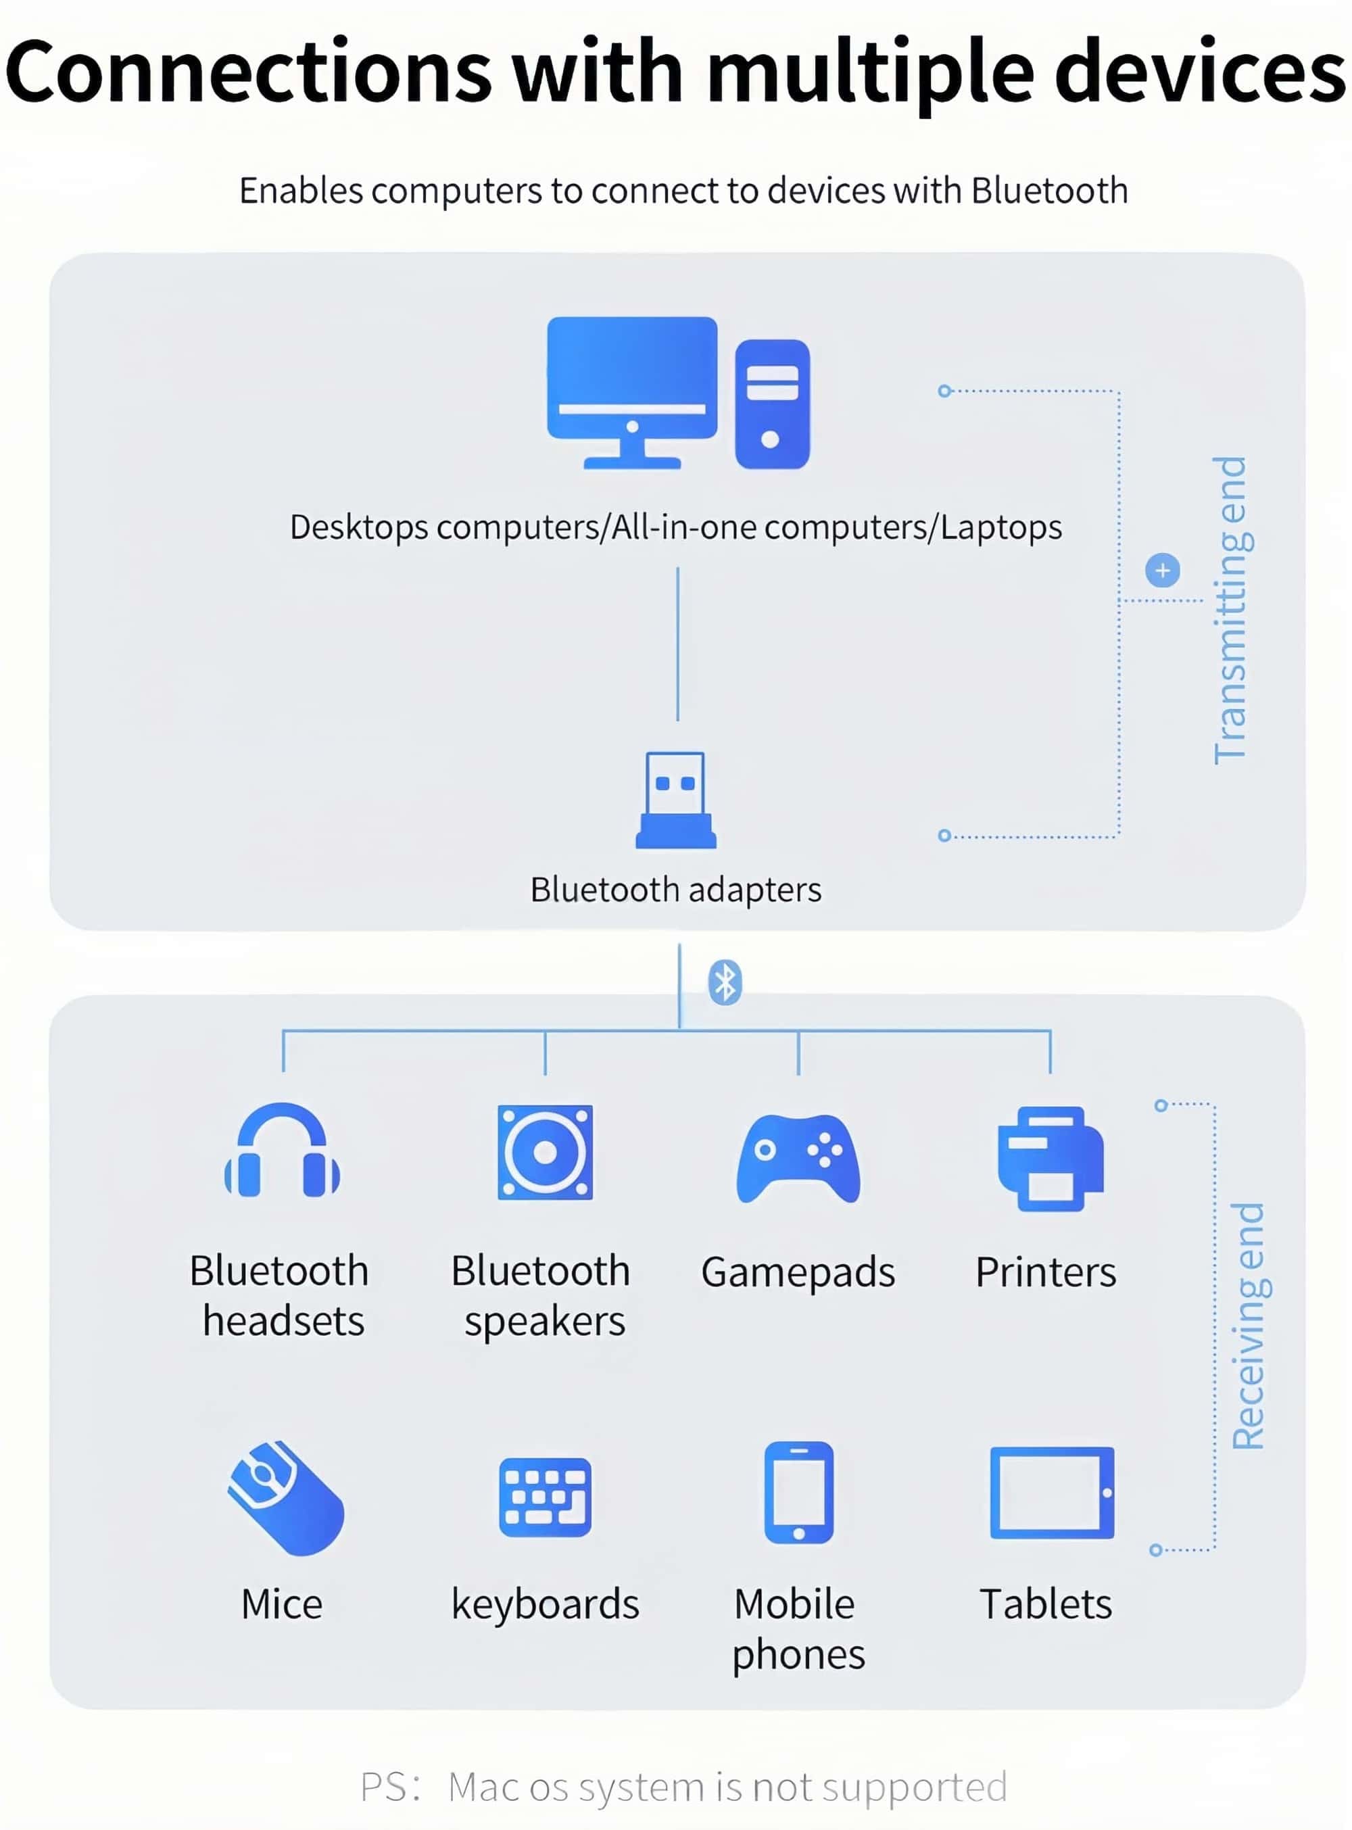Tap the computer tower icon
click(772, 404)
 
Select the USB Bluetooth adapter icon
click(675, 800)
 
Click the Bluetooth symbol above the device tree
click(724, 982)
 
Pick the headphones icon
click(283, 1151)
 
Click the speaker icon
click(545, 1153)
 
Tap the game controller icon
click(798, 1158)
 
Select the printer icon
click(1051, 1158)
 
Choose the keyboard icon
click(545, 1497)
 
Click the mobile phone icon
click(799, 1492)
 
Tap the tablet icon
click(1052, 1493)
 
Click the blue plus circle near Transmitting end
click(1162, 571)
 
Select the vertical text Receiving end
click(1249, 1326)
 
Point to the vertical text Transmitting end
click(1231, 610)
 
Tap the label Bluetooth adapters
click(675, 890)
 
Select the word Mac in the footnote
click(483, 1787)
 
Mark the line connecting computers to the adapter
click(677, 644)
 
